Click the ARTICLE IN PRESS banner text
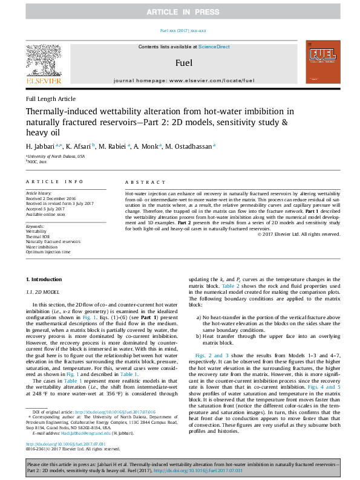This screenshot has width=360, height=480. coord(180,11)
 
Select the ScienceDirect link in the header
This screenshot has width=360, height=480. coord(215,47)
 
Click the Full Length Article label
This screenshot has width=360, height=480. coord(51,99)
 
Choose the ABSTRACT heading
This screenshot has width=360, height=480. coord(141,182)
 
